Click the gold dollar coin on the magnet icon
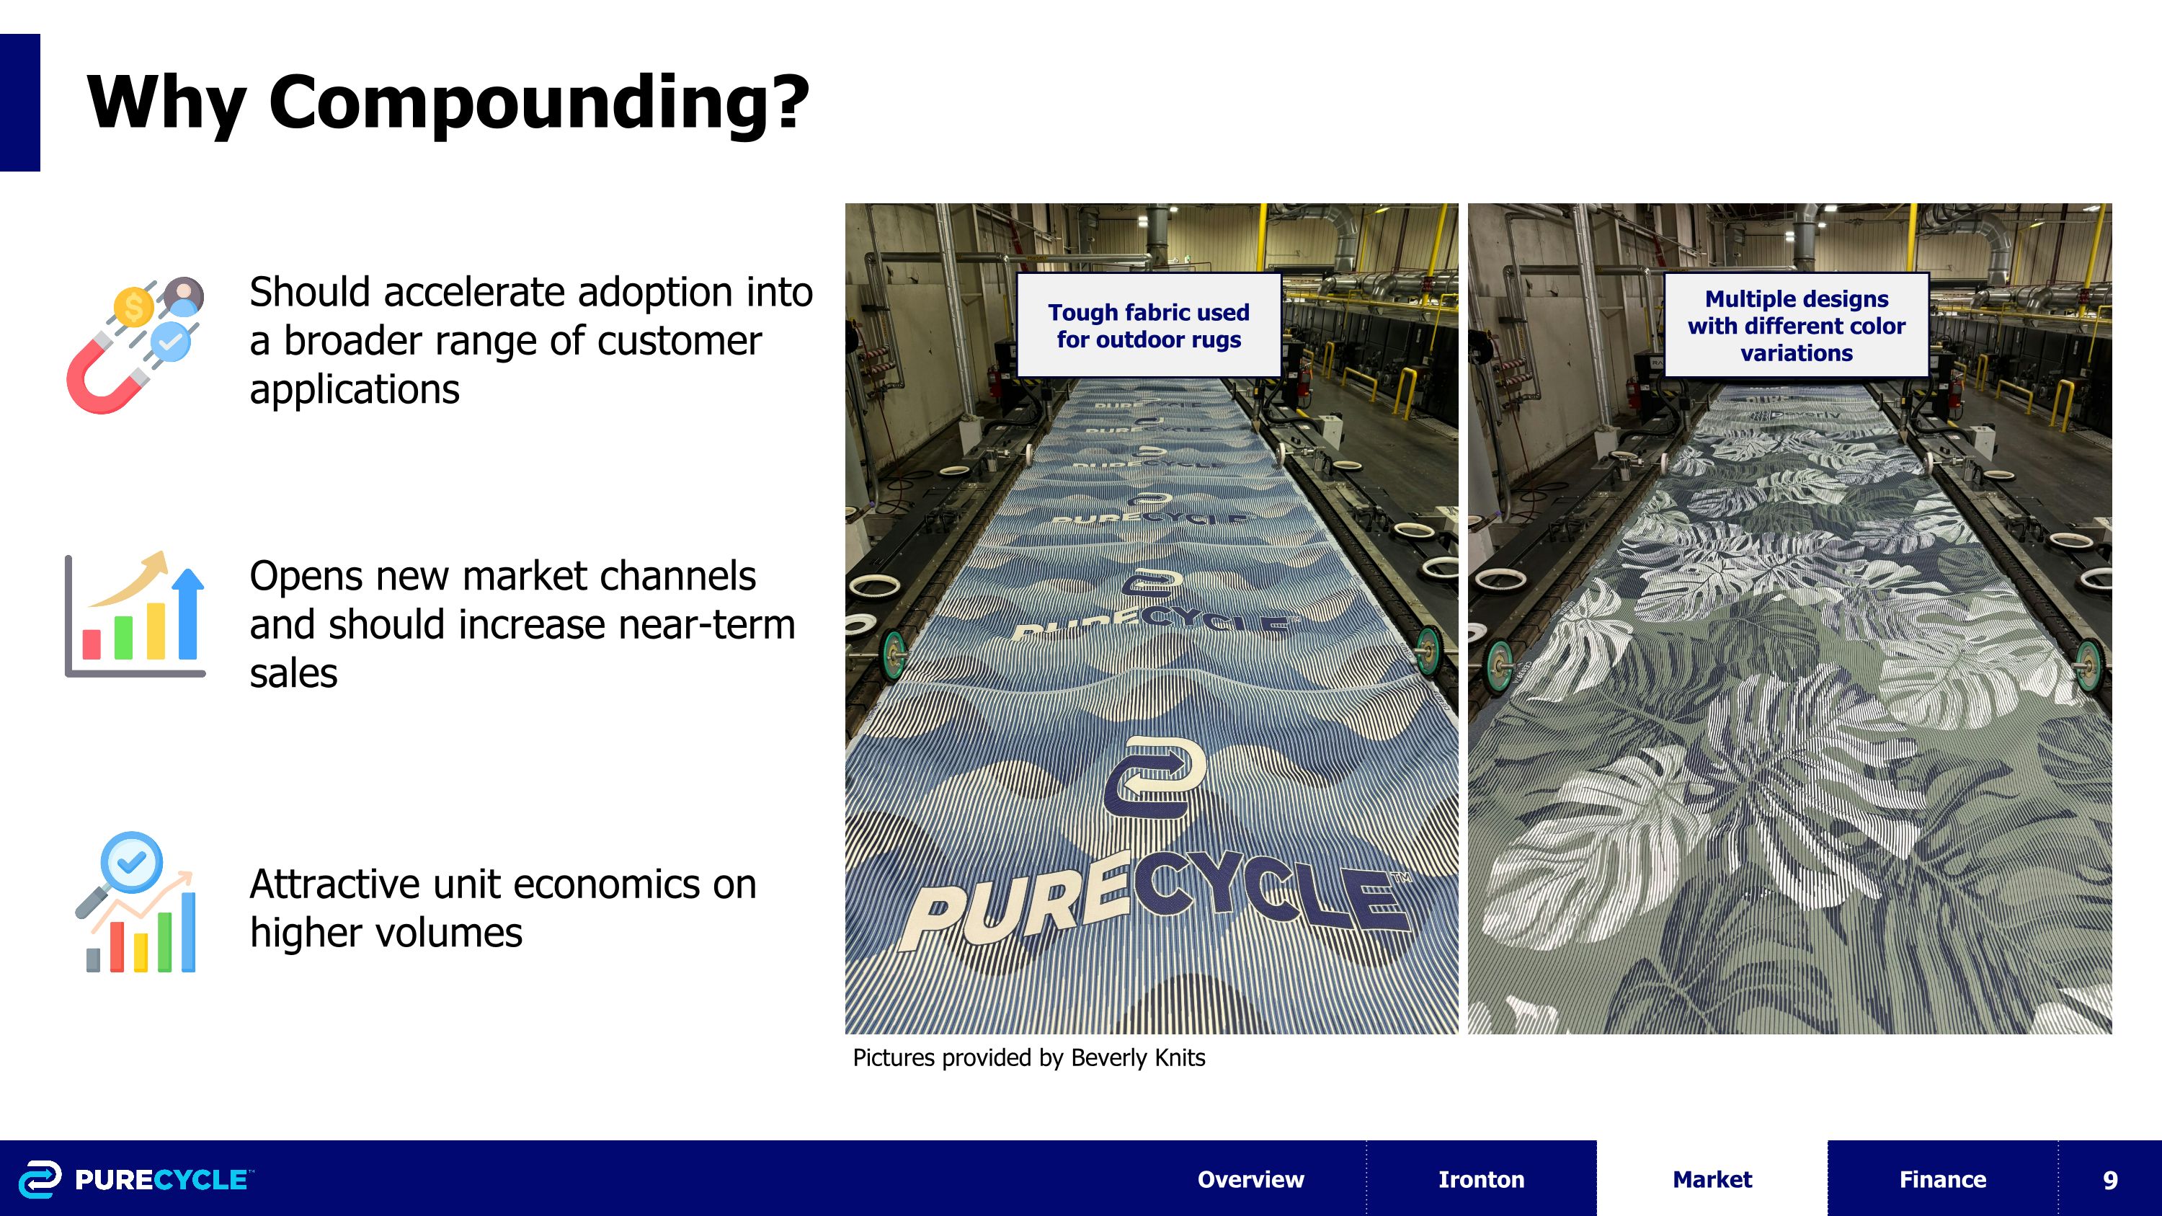click(134, 307)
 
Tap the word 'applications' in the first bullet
click(354, 389)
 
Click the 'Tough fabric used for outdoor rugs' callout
click(1148, 326)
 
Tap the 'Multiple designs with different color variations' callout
click(1796, 326)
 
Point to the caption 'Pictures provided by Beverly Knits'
click(1028, 1057)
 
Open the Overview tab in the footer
click(1250, 1179)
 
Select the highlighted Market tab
click(1712, 1179)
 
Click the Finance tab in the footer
click(1942, 1179)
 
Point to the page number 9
click(2109, 1180)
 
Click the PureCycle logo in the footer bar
click(134, 1179)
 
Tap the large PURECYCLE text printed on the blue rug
click(1158, 906)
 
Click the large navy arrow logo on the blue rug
click(1154, 776)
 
